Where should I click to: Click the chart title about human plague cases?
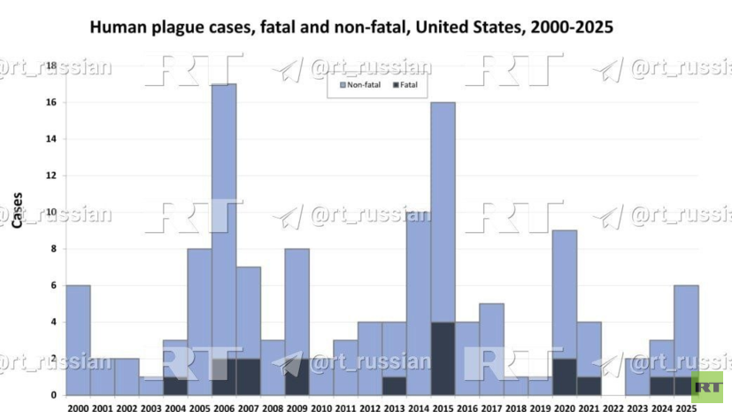[x=351, y=27]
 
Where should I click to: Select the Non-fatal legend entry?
[x=360, y=85]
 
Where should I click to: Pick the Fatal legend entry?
[x=405, y=85]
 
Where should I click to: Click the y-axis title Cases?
[x=18, y=210]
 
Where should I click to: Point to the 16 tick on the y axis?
[x=50, y=102]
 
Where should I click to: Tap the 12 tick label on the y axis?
[x=50, y=175]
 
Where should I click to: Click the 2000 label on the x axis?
[x=78, y=408]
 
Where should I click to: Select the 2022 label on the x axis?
[x=613, y=408]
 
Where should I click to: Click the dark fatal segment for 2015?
[x=443, y=359]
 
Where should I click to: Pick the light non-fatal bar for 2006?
[x=224, y=222]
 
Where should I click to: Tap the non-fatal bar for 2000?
[x=78, y=340]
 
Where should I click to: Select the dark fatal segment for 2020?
[x=565, y=377]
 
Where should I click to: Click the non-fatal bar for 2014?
[x=419, y=304]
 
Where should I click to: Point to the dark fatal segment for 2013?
[x=394, y=385]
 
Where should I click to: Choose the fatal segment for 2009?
[x=297, y=377]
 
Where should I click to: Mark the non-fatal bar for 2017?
[x=491, y=349]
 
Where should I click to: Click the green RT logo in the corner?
[x=707, y=387]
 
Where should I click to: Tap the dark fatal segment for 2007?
[x=249, y=377]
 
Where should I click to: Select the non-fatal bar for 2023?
[x=637, y=377]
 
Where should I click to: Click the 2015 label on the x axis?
[x=443, y=408]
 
